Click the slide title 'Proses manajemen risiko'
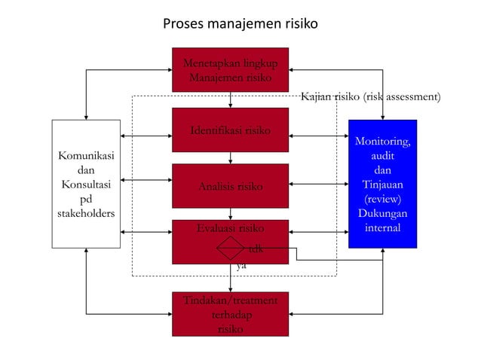pos(240,24)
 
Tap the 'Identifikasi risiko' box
pos(230,130)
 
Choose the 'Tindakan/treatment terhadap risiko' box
pos(230,315)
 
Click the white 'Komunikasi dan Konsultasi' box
pos(86,184)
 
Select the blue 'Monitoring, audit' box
pos(382,184)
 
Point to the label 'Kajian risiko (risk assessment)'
pos(370,97)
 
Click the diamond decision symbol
pos(230,248)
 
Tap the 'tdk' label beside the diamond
pos(256,248)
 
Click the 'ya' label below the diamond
pos(240,266)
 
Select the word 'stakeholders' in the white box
pos(86,213)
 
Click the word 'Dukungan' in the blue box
pos(382,213)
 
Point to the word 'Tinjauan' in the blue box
pos(382,185)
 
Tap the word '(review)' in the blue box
pos(382,199)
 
